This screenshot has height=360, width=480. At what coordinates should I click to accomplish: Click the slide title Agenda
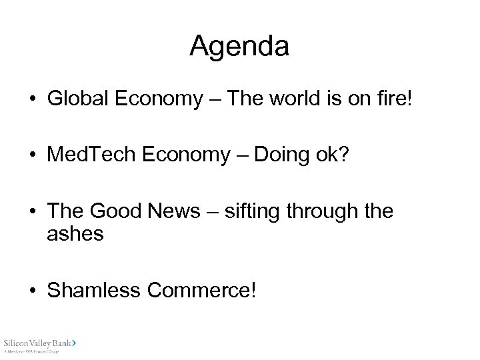239,47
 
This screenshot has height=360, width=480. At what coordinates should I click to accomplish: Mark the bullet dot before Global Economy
32,101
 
